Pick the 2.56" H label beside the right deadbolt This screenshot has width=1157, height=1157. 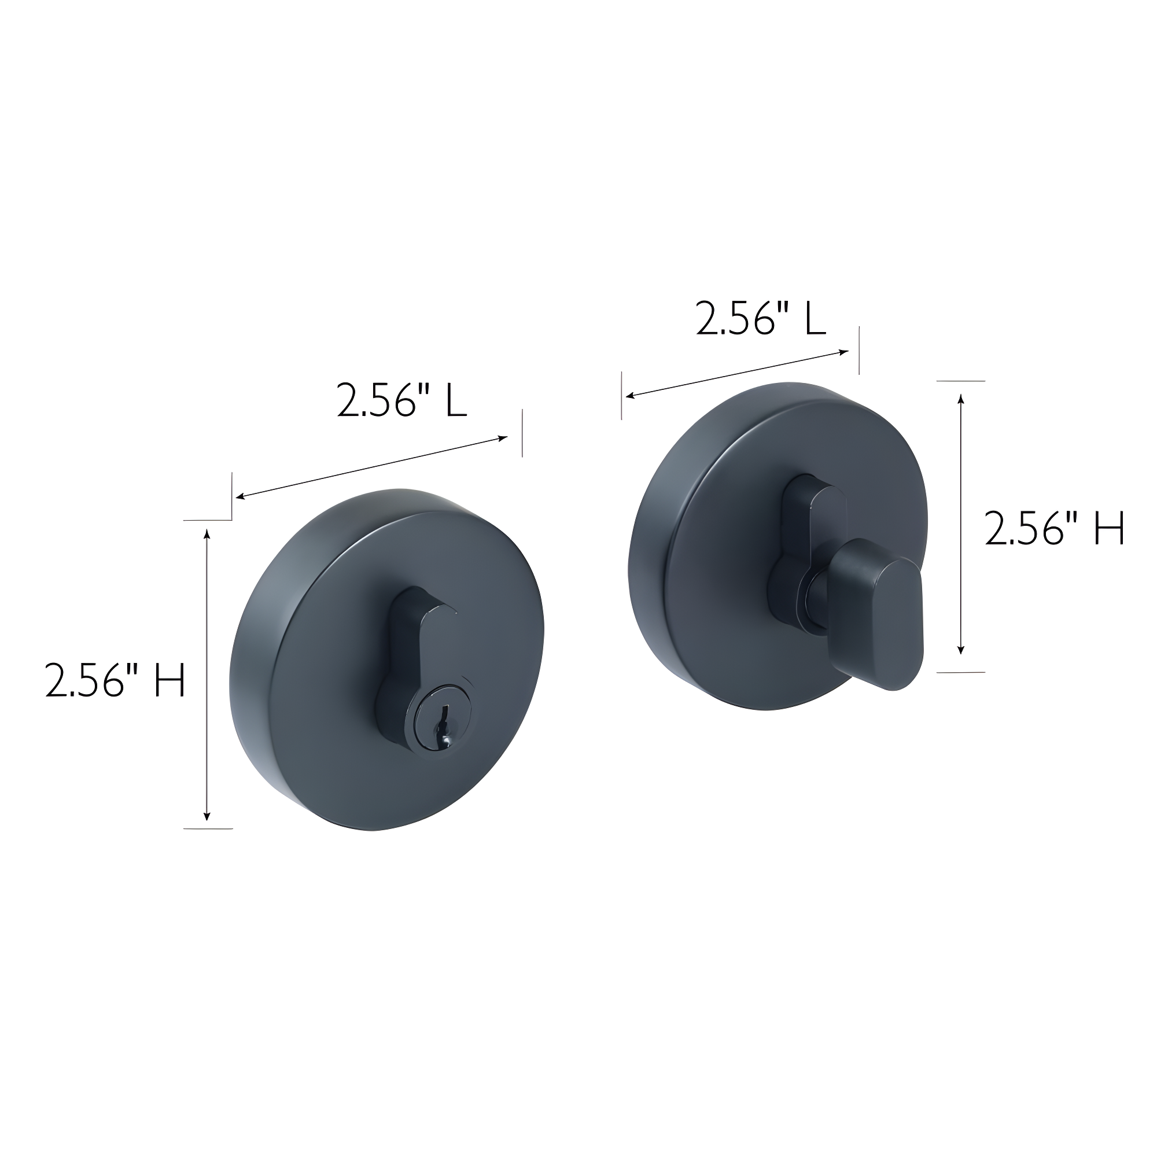[x=1055, y=528]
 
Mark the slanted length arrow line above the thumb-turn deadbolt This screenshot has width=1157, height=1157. [x=736, y=373]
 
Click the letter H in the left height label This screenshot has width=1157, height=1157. [x=170, y=679]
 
